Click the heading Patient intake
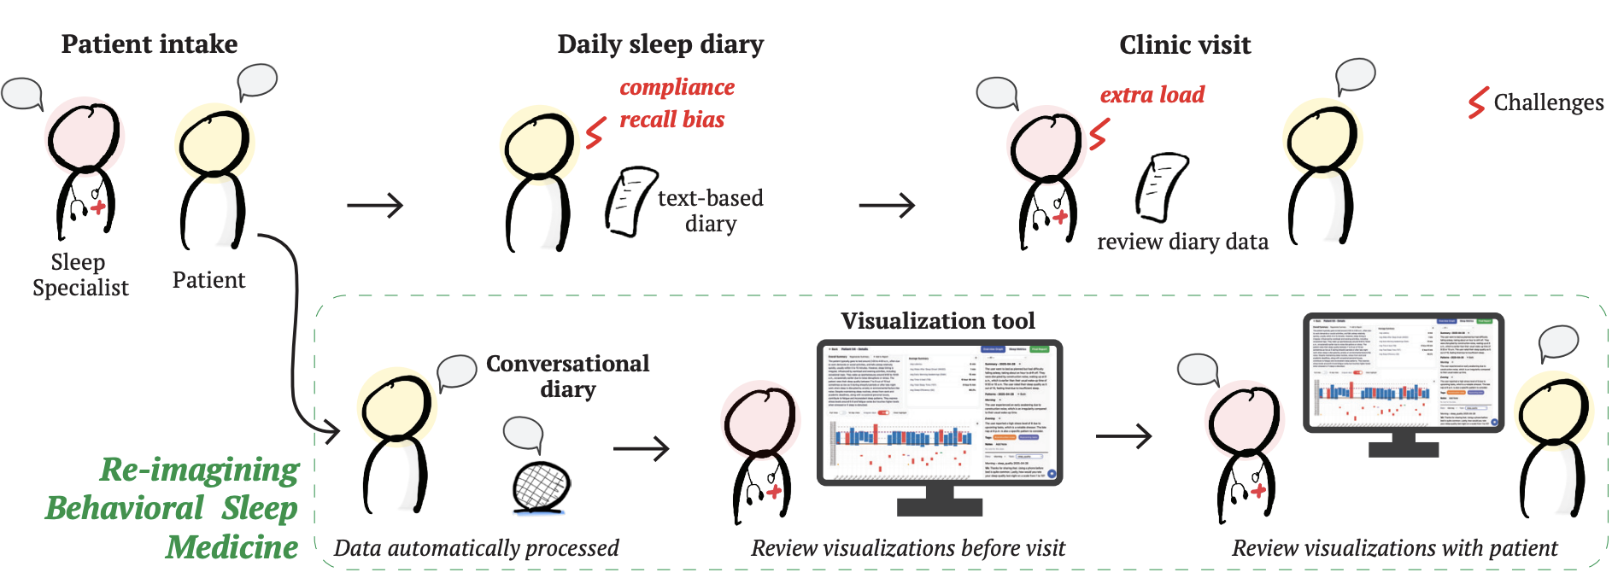pyautogui.click(x=149, y=44)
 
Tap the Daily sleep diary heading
pyautogui.click(x=660, y=44)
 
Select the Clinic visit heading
pyautogui.click(x=1185, y=44)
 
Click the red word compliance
pyautogui.click(x=677, y=87)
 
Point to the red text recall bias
pyautogui.click(x=671, y=120)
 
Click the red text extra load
pyautogui.click(x=1152, y=95)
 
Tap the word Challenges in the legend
pyautogui.click(x=1548, y=102)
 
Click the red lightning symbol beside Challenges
pyautogui.click(x=1478, y=102)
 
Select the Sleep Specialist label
pyautogui.click(x=80, y=274)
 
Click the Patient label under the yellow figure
pyautogui.click(x=208, y=280)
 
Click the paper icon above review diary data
pyautogui.click(x=1161, y=187)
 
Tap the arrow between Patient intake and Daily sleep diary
pyautogui.click(x=375, y=205)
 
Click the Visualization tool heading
pyautogui.click(x=937, y=321)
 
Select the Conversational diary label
pyautogui.click(x=567, y=376)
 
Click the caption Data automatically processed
pyautogui.click(x=476, y=548)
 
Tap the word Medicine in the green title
pyautogui.click(x=232, y=547)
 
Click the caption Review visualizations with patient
pyautogui.click(x=1394, y=548)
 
